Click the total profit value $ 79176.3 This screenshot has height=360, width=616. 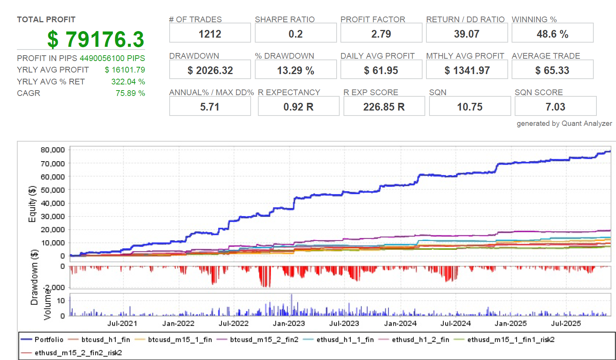coord(96,39)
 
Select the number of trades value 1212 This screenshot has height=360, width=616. coord(210,34)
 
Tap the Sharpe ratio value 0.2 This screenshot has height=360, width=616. coord(296,34)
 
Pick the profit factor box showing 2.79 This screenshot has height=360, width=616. coord(381,34)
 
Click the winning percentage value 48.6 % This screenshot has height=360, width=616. coord(552,34)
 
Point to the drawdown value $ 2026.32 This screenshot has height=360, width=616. coord(210,70)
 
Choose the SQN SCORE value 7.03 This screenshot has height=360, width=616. coord(555,107)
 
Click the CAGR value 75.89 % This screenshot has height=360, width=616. coord(130,93)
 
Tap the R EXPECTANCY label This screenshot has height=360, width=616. coord(289,92)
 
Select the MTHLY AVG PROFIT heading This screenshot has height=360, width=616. coord(465,56)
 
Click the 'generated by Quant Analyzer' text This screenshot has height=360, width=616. coord(564,123)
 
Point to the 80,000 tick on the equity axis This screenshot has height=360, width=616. coord(53,150)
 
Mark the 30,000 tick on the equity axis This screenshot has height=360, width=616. coord(53,216)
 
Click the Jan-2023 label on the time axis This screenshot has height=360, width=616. coord(289,324)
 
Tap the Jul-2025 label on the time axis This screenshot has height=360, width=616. coord(566,324)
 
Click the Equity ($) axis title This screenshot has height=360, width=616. coord(32,204)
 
